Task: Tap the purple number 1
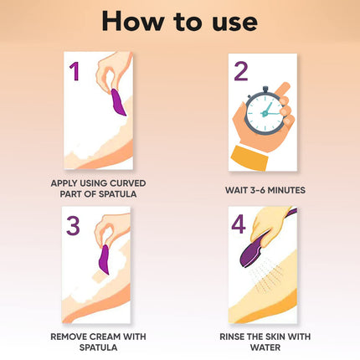(75, 72)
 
